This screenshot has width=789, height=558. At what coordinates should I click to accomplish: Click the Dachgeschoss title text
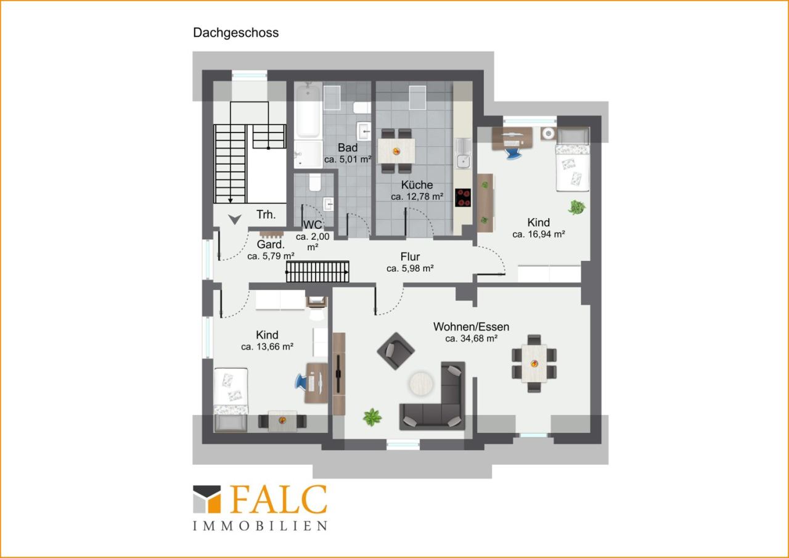(235, 33)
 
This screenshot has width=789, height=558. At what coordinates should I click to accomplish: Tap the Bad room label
(348, 147)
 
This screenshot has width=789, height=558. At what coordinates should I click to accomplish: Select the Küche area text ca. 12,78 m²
(417, 197)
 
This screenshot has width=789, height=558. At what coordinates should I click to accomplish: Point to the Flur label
(410, 256)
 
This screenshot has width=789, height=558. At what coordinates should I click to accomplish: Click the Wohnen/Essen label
(472, 327)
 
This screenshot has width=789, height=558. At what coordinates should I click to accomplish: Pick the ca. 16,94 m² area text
(539, 234)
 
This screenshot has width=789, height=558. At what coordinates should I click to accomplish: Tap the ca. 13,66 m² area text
(268, 347)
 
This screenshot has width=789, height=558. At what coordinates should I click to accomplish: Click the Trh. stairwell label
(266, 214)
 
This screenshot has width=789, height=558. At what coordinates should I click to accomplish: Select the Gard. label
(271, 245)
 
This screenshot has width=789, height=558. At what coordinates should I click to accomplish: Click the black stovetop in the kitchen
(463, 198)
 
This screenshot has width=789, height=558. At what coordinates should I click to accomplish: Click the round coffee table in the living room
(421, 384)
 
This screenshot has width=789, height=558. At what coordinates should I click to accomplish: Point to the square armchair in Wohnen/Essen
(396, 351)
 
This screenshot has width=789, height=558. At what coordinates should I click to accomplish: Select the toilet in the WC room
(315, 182)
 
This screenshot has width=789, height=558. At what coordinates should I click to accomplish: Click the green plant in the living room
(372, 417)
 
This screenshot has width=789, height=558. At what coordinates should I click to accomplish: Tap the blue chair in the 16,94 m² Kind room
(514, 153)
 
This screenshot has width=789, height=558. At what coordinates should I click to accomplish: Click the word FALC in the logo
(279, 499)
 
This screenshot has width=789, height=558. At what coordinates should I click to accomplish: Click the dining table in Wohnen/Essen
(534, 364)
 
